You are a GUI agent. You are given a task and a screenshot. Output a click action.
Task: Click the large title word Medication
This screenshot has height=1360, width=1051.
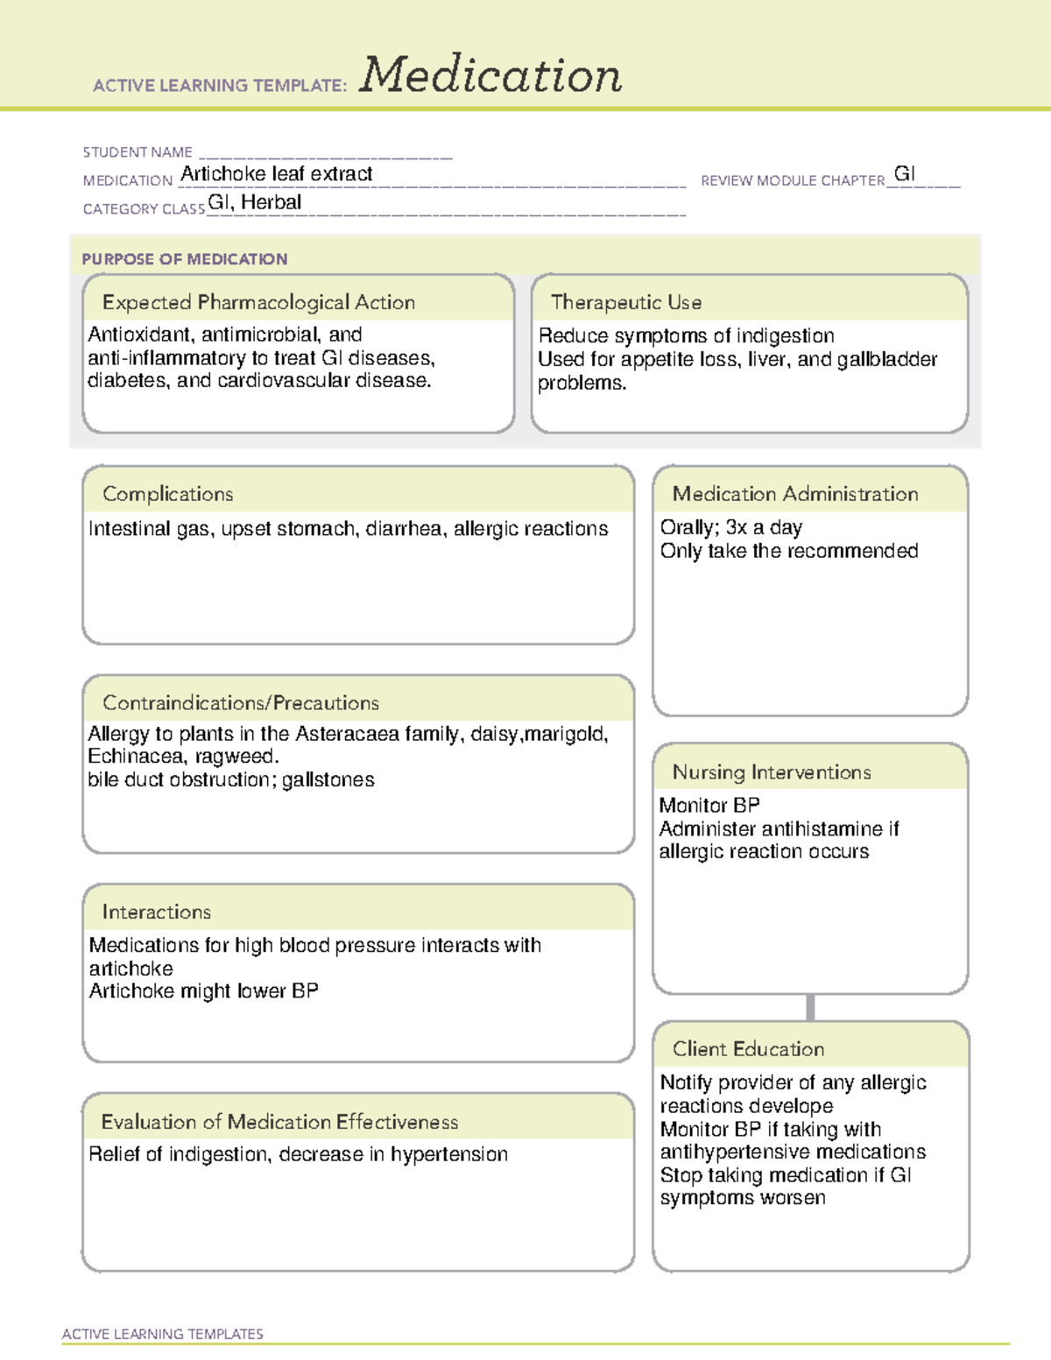click(x=490, y=75)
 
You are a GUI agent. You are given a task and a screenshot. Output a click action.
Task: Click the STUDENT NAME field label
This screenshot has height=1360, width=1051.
click(x=138, y=152)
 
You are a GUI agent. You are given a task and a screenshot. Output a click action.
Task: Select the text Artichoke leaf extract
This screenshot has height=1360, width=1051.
click(x=277, y=174)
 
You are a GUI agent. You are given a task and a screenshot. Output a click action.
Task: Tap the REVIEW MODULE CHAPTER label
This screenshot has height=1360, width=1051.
click(x=793, y=180)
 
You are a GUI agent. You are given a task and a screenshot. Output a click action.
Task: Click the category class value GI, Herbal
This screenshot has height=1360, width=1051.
click(x=255, y=202)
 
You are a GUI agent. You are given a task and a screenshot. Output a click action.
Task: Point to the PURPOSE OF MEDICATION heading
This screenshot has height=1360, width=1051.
click(x=185, y=259)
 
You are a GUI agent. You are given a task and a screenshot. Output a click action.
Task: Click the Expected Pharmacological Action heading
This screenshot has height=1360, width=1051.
click(x=258, y=302)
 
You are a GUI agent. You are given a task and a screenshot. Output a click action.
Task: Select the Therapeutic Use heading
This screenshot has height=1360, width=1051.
click(x=625, y=302)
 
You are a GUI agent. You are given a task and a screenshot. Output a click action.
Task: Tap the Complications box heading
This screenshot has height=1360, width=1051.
click(x=168, y=494)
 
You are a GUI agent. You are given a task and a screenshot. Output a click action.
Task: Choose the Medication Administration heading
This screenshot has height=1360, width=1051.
click(x=795, y=494)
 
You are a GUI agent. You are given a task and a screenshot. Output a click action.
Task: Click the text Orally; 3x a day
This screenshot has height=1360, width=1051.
click(x=731, y=527)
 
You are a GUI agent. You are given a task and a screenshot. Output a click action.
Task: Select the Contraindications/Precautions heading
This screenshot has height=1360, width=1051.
click(x=241, y=702)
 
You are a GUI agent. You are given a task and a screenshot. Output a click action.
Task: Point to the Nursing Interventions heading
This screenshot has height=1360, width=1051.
click(x=772, y=772)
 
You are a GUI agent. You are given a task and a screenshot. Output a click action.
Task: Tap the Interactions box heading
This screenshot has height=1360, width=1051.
click(x=157, y=912)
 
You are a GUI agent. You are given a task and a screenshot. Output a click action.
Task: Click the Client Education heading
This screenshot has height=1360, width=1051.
click(x=748, y=1048)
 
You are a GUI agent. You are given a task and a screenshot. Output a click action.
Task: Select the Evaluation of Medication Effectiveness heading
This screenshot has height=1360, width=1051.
click(x=279, y=1122)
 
